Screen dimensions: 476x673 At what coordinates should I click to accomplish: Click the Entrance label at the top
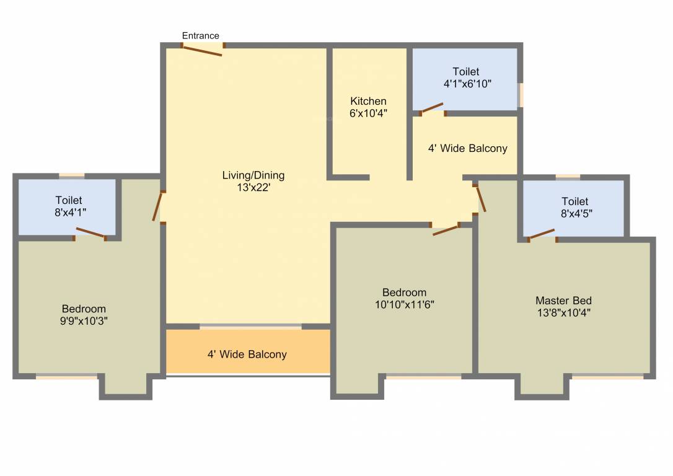coord(200,36)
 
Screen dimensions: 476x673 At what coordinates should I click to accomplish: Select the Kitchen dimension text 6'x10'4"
coord(368,113)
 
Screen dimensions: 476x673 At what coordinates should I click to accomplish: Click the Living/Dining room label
coord(253,175)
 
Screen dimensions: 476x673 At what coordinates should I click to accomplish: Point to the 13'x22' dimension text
coord(253,188)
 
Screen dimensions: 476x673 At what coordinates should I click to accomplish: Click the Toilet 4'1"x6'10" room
coord(465,79)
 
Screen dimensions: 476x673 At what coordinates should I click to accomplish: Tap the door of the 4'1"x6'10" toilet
coord(432,108)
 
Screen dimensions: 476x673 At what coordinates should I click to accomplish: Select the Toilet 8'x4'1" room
coord(68,206)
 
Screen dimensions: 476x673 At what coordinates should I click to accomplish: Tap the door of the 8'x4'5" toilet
coord(541,234)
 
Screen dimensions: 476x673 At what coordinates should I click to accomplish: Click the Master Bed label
coord(563,301)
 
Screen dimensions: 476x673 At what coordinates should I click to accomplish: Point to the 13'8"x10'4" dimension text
coord(563,313)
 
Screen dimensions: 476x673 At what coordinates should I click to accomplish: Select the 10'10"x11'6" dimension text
coord(404,304)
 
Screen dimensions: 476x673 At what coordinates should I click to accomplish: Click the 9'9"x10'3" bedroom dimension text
coord(84,320)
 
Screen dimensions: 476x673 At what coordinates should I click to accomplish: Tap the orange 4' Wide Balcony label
coord(247,355)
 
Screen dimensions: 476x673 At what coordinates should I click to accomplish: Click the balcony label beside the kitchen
coord(467,148)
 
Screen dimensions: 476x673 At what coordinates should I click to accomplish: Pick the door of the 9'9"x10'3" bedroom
coord(158,206)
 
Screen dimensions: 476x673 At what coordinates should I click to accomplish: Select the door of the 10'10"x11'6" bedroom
coord(446,230)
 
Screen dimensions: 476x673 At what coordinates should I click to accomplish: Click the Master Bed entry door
coord(480,198)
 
